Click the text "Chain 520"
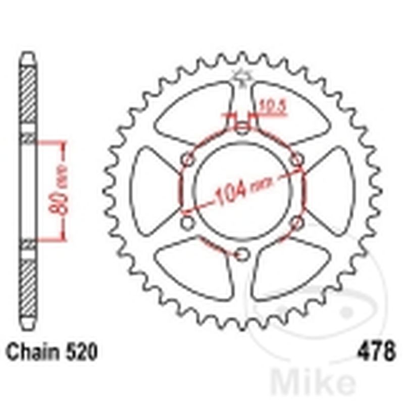[51, 352]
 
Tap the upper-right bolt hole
[298, 160]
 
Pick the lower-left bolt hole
[187, 223]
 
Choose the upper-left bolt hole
[188, 160]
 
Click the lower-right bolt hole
[298, 223]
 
